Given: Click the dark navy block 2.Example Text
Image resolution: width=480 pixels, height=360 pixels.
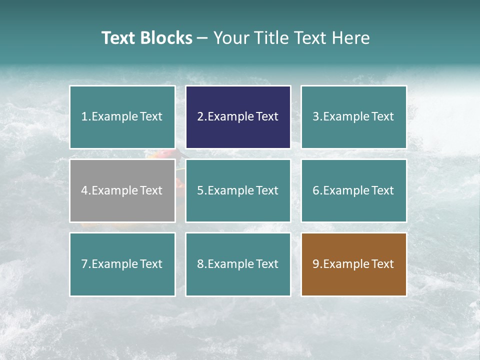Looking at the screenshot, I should tap(238, 117).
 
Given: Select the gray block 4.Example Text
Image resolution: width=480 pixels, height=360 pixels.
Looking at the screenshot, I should tap(122, 190).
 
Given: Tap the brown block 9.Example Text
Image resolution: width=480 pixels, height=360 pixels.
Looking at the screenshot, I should tap(353, 264).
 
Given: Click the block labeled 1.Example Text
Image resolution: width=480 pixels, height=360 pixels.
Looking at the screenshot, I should tap(122, 117).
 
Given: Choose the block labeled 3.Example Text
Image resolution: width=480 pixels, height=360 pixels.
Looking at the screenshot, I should tap(353, 117).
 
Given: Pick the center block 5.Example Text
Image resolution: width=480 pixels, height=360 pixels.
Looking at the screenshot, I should tap(238, 190).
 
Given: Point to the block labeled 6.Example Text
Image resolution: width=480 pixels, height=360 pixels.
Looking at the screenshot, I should tap(353, 190).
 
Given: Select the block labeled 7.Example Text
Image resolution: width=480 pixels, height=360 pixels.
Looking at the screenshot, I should tap(122, 264).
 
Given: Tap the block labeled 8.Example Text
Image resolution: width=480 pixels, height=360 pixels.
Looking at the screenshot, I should tap(238, 264).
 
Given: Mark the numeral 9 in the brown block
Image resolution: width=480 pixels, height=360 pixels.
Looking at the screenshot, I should tap(316, 264).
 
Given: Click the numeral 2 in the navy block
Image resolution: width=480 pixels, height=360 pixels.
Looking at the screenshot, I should tap(200, 117).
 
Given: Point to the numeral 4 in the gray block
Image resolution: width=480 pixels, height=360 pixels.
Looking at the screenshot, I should tap(84, 190).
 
